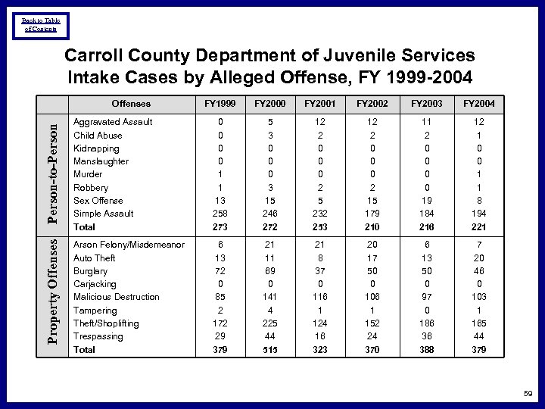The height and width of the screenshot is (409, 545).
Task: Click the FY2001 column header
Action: (x=319, y=104)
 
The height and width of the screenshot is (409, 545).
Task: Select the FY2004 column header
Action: (x=478, y=104)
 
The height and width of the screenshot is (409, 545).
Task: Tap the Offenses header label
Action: (x=131, y=104)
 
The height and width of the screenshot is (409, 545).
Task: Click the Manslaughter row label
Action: (x=101, y=161)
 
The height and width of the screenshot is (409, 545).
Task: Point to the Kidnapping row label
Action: (x=95, y=148)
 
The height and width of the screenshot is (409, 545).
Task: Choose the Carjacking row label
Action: (x=95, y=284)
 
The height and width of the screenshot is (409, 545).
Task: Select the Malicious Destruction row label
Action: (x=116, y=297)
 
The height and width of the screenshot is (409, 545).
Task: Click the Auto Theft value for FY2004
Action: (x=478, y=258)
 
